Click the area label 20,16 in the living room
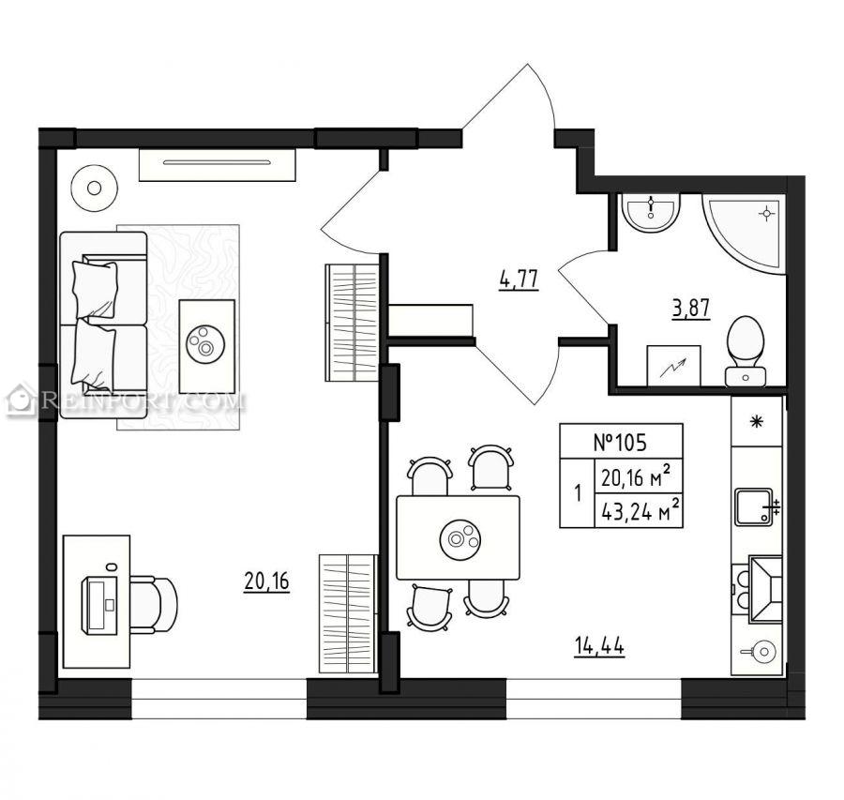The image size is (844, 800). (267, 581)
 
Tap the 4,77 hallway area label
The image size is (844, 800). (519, 279)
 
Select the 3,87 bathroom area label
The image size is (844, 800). (691, 309)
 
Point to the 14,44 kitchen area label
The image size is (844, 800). (599, 645)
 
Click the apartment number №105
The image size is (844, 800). (620, 442)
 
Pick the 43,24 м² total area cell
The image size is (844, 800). (640, 510)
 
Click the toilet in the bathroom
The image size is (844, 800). (746, 351)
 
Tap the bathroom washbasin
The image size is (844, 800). (651, 212)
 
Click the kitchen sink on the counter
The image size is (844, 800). (755, 506)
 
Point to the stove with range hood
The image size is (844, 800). (757, 589)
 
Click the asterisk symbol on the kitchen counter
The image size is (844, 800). (757, 421)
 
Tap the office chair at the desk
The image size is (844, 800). (154, 605)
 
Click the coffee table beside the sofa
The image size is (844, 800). (206, 346)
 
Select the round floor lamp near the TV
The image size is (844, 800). (94, 189)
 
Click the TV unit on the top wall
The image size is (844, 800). (218, 165)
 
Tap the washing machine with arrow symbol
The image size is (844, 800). (673, 366)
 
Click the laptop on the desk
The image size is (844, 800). (99, 605)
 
